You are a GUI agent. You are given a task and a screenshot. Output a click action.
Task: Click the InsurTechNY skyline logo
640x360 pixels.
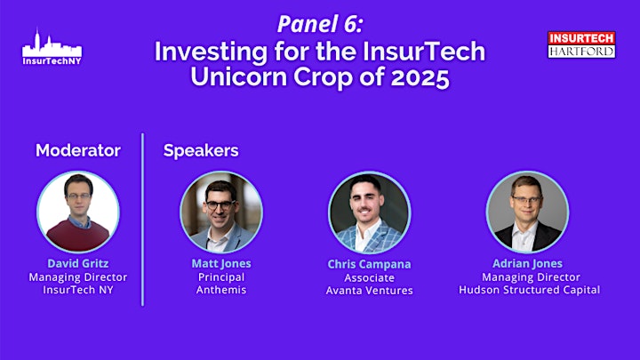[52, 47]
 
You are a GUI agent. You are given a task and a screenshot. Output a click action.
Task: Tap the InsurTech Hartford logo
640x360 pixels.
[581, 45]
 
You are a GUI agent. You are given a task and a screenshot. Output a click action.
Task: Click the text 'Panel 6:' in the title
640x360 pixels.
[320, 24]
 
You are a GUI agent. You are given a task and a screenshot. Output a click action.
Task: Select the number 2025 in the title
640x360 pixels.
[420, 76]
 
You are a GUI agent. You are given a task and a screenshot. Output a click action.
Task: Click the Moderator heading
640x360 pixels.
[78, 150]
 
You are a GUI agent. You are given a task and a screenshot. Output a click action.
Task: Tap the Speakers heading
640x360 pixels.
[201, 150]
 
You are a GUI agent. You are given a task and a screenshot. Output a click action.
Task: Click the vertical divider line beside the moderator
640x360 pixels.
[142, 220]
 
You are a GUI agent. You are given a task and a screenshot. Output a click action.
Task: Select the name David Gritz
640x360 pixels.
[78, 263]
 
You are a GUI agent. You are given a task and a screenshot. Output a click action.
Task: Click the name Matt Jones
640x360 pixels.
[221, 264]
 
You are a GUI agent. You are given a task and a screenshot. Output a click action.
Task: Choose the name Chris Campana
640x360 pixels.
[369, 265]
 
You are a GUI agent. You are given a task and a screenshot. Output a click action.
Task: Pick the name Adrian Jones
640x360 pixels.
[527, 264]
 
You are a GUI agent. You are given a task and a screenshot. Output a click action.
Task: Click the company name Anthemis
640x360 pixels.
[221, 290]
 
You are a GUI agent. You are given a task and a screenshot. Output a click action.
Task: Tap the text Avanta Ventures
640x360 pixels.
[369, 291]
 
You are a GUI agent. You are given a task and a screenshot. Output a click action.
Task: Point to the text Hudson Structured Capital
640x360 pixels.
[530, 290]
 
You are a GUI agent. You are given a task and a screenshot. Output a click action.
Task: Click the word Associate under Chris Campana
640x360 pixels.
[369, 278]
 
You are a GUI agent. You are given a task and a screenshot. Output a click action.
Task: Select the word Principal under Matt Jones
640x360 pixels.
[221, 277]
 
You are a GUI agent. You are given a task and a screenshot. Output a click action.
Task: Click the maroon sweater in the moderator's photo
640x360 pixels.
[78, 236]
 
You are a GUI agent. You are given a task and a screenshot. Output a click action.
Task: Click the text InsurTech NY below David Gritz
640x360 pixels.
[78, 290]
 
